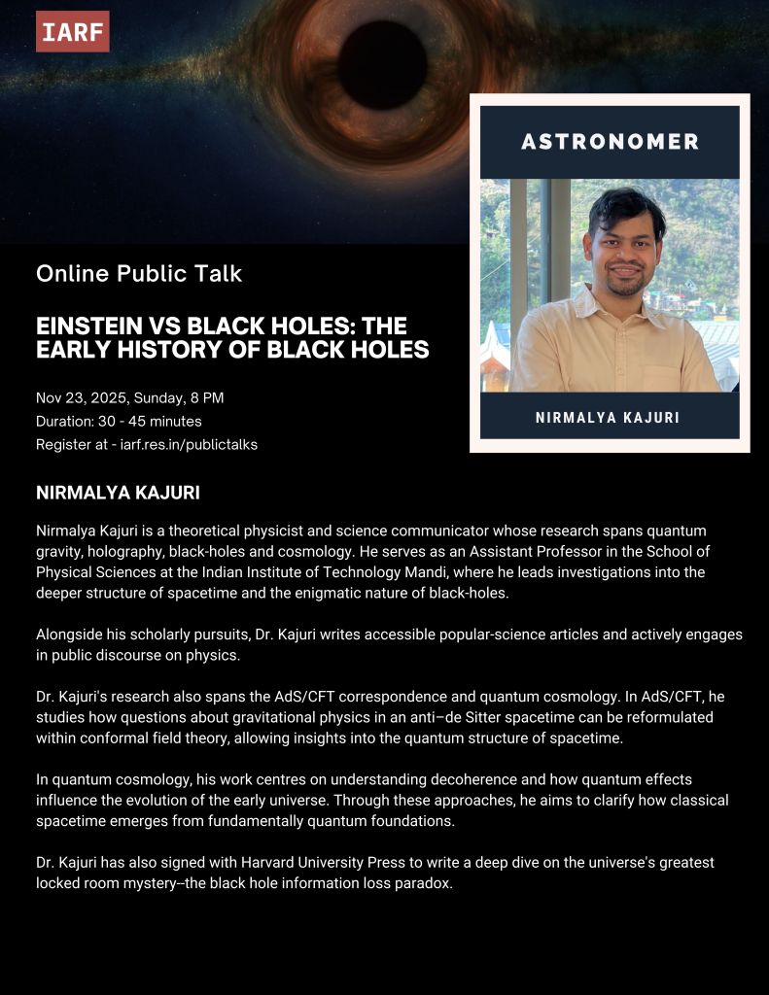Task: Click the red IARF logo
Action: coord(73,32)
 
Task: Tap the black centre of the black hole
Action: coord(382,64)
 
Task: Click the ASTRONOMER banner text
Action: coord(610,142)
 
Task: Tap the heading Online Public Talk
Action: coord(139,274)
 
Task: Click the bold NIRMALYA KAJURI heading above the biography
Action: coord(118,493)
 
